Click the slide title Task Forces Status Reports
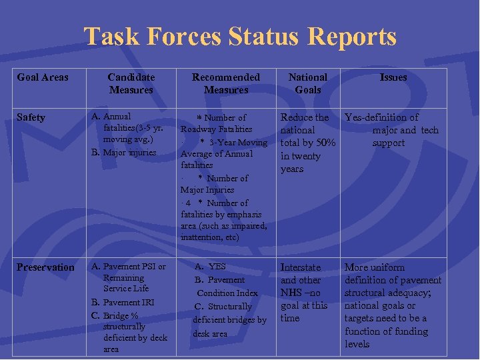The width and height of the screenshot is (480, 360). (x=240, y=37)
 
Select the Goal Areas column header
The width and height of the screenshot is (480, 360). (x=43, y=77)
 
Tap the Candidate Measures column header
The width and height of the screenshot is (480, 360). (x=131, y=83)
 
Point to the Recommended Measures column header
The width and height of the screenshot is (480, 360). (x=226, y=83)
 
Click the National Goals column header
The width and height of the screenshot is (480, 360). (x=308, y=83)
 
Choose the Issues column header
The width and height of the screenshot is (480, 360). (x=393, y=77)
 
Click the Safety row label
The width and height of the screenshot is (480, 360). (x=31, y=118)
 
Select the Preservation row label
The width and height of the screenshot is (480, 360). (x=45, y=267)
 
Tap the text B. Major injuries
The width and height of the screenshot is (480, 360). (x=124, y=152)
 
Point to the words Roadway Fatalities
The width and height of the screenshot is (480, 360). (x=217, y=129)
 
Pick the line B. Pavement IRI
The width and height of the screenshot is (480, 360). (x=124, y=302)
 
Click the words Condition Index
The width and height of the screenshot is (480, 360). (x=227, y=293)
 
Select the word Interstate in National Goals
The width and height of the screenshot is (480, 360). (x=301, y=267)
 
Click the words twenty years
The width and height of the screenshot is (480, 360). (x=300, y=163)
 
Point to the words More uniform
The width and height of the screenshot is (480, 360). (x=375, y=267)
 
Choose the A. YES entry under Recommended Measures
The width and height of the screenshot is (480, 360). (x=211, y=267)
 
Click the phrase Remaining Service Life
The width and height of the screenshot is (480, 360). (x=126, y=283)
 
